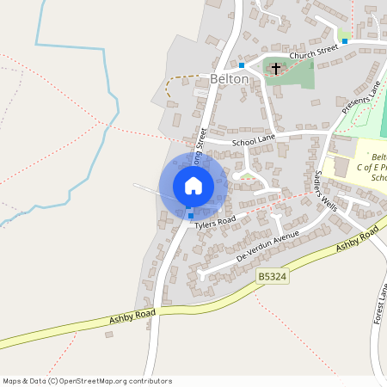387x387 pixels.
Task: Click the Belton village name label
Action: pos(229,79)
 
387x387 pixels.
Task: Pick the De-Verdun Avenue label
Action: pos(267,246)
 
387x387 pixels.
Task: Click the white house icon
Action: pos(193,185)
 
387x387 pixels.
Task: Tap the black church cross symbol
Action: pos(276,68)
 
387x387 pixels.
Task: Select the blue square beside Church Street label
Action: pos(344,40)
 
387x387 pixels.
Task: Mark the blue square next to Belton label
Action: pos(242,64)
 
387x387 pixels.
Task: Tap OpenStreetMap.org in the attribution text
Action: pos(91,380)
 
